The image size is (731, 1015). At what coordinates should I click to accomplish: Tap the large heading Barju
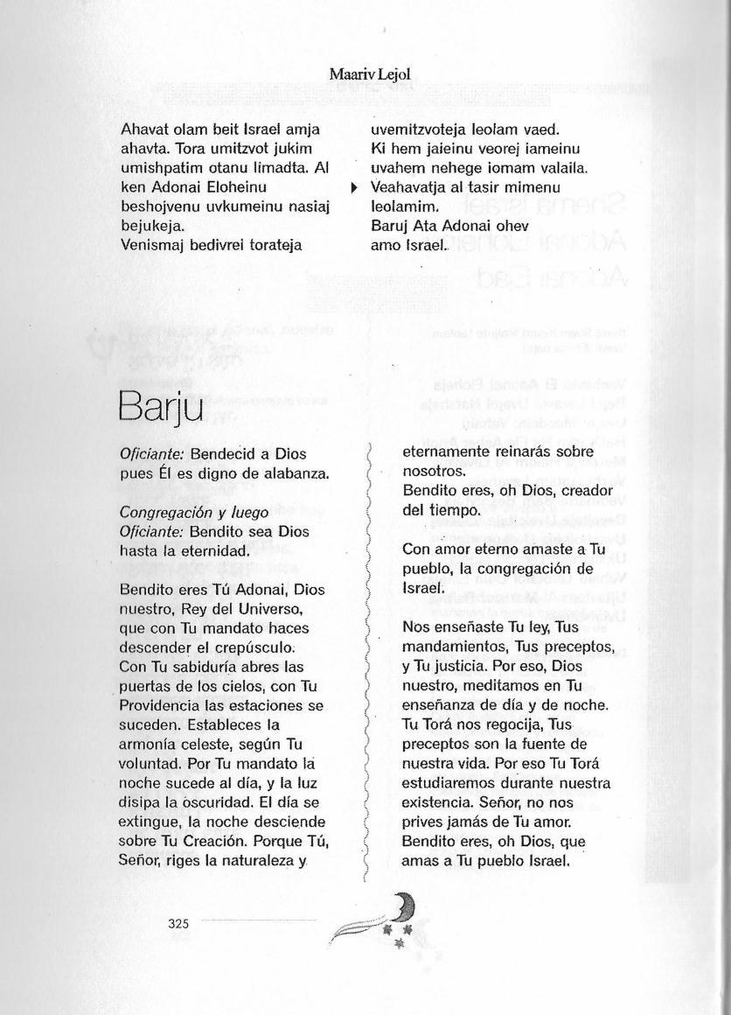pyautogui.click(x=160, y=405)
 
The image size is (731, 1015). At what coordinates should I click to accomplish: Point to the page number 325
pyautogui.click(x=178, y=922)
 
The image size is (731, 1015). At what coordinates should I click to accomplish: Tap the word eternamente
pyautogui.click(x=446, y=452)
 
